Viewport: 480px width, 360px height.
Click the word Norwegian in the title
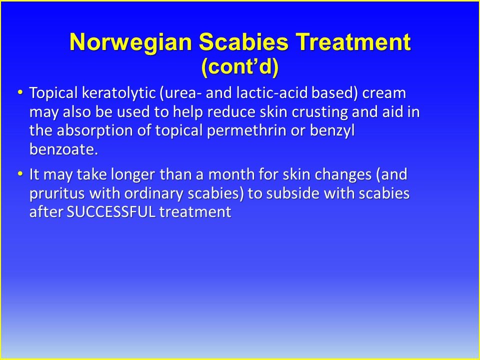130,42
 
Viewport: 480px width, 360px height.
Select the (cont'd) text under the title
240,66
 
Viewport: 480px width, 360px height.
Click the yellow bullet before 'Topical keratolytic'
20,92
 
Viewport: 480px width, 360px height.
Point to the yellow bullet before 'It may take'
20,173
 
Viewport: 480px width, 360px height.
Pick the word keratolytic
119,93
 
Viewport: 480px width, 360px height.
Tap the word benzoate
63,149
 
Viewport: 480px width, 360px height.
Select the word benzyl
332,131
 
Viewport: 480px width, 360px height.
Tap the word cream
384,93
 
